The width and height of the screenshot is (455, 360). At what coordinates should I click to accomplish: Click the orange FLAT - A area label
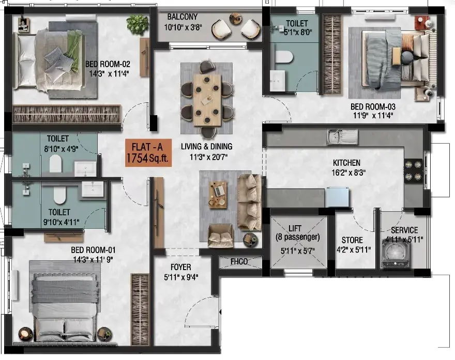point(148,153)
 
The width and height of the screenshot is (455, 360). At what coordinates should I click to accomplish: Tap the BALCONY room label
point(182,17)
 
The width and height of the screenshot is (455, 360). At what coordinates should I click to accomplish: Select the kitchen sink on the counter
point(342,136)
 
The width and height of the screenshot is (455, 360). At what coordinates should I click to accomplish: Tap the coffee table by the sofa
point(218,195)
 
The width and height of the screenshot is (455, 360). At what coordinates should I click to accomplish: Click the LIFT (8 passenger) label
point(297,233)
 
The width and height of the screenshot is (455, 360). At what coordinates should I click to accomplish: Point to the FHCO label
point(239,262)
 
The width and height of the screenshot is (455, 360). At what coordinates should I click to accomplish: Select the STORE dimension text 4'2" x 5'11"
point(354,249)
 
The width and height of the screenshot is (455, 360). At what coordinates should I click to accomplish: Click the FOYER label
point(180,267)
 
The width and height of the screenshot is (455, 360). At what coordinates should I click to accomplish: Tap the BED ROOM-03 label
point(373,107)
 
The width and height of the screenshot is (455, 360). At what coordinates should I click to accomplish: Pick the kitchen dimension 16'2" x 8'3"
point(348,173)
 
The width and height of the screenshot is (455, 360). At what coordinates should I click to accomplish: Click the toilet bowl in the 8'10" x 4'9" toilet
point(56,164)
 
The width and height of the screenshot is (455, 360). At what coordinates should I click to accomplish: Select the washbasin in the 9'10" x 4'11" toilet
point(92,190)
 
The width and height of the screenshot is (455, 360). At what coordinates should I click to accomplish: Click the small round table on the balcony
point(236,19)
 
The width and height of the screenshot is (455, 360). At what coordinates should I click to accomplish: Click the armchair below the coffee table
point(221,236)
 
